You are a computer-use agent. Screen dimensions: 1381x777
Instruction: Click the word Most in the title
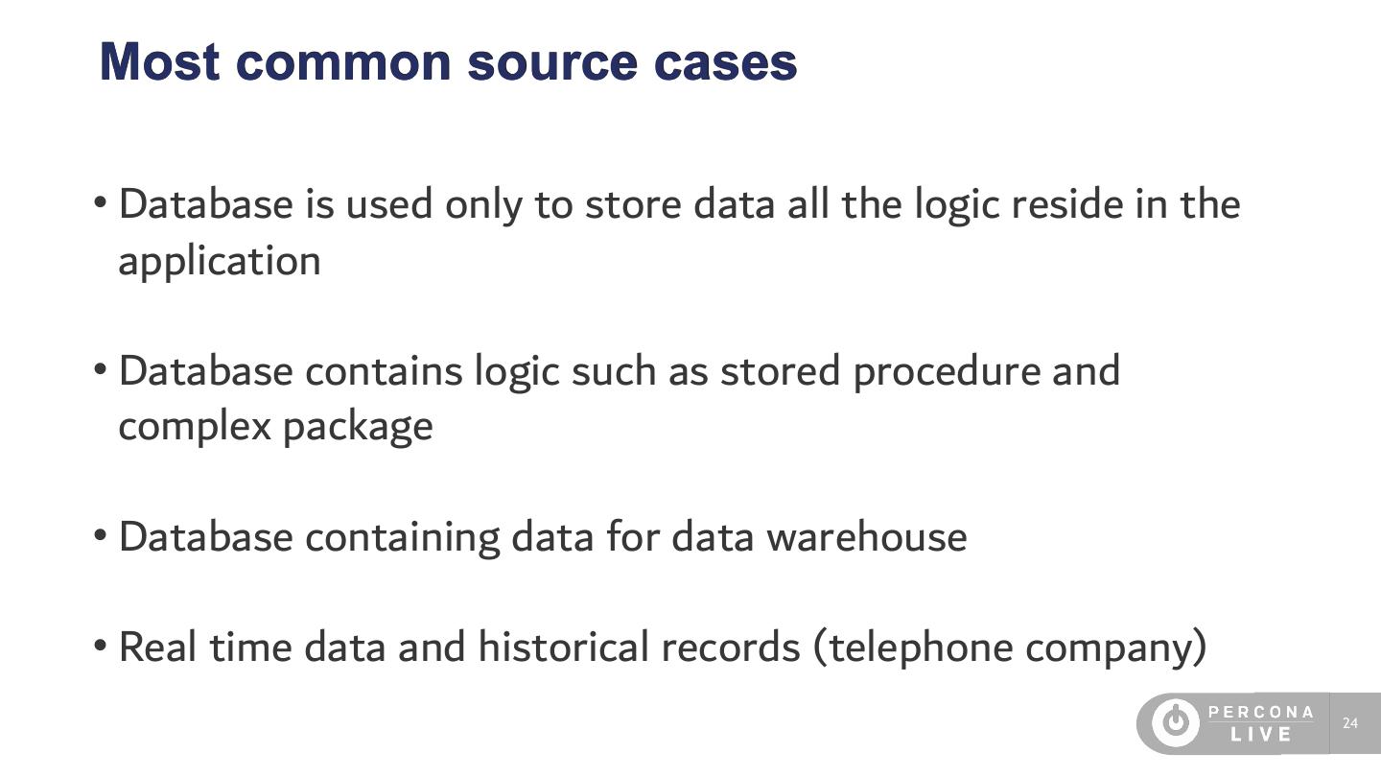pyautogui.click(x=159, y=61)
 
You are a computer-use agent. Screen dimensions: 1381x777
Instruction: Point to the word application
pyautogui.click(x=219, y=261)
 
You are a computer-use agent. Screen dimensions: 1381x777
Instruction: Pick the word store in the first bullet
pyautogui.click(x=632, y=203)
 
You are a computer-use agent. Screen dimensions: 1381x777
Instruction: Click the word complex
pyautogui.click(x=195, y=426)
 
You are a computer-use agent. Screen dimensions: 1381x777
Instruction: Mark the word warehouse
pyautogui.click(x=867, y=536)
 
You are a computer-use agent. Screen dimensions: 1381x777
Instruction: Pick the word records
pyautogui.click(x=730, y=647)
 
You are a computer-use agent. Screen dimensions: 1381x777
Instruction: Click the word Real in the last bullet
pyautogui.click(x=157, y=647)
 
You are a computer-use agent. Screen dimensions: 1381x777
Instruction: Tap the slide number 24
pyautogui.click(x=1350, y=723)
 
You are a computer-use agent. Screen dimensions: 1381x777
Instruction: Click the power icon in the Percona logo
pyautogui.click(x=1175, y=723)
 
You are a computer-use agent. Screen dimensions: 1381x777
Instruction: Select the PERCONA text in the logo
pyautogui.click(x=1261, y=712)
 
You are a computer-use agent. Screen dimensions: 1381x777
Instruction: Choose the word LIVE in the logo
pyautogui.click(x=1261, y=735)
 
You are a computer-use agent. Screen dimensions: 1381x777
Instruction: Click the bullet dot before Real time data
pyautogui.click(x=100, y=646)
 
